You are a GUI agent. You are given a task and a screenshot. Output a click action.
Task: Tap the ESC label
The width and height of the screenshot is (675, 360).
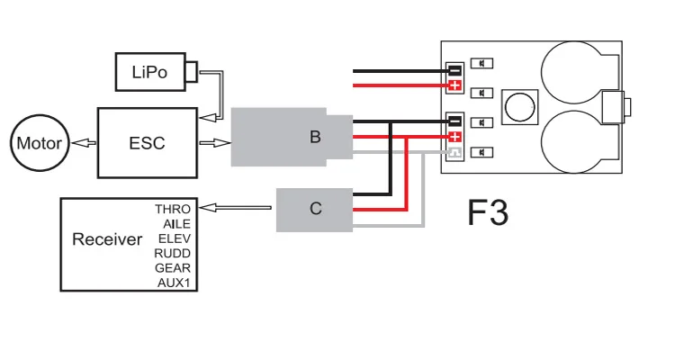pyautogui.click(x=147, y=143)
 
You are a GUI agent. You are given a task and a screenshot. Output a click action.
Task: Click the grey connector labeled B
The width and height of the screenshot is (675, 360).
pyautogui.click(x=292, y=137)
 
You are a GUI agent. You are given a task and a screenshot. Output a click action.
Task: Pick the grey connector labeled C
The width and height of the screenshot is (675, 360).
pyautogui.click(x=314, y=210)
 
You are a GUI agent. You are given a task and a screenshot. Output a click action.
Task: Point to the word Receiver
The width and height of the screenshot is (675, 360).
pyautogui.click(x=107, y=239)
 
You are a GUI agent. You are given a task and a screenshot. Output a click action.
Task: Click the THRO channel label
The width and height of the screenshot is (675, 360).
pyautogui.click(x=173, y=210)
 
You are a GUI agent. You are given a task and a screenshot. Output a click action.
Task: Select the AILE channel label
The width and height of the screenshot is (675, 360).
pyautogui.click(x=176, y=224)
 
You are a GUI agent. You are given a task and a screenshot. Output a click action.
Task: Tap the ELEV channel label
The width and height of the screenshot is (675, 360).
pyautogui.click(x=175, y=238)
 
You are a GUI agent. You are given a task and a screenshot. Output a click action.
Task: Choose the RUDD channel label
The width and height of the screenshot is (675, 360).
pyautogui.click(x=172, y=253)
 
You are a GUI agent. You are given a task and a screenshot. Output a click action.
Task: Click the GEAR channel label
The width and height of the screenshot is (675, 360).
pyautogui.click(x=173, y=268)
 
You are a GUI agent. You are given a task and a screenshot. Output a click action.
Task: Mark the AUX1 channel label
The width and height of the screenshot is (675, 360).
pyautogui.click(x=174, y=283)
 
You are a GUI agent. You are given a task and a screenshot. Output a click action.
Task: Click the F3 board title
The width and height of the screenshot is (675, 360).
pyautogui.click(x=488, y=212)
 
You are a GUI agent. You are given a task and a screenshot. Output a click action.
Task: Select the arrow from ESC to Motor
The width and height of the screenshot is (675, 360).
pyautogui.click(x=84, y=142)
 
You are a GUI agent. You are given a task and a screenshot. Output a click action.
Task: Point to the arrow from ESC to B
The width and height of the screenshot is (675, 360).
pyautogui.click(x=215, y=142)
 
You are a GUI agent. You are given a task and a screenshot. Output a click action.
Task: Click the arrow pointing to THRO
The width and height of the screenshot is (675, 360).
pyautogui.click(x=235, y=208)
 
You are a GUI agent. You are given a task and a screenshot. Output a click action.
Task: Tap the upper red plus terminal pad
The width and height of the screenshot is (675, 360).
pyautogui.click(x=455, y=85)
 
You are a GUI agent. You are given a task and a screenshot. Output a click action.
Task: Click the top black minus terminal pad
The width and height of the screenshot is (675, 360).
pyautogui.click(x=455, y=70)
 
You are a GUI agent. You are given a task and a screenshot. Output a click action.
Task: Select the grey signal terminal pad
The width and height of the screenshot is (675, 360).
pyautogui.click(x=455, y=152)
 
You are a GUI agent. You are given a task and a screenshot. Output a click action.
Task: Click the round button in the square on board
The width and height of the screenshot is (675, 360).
pyautogui.click(x=520, y=107)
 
